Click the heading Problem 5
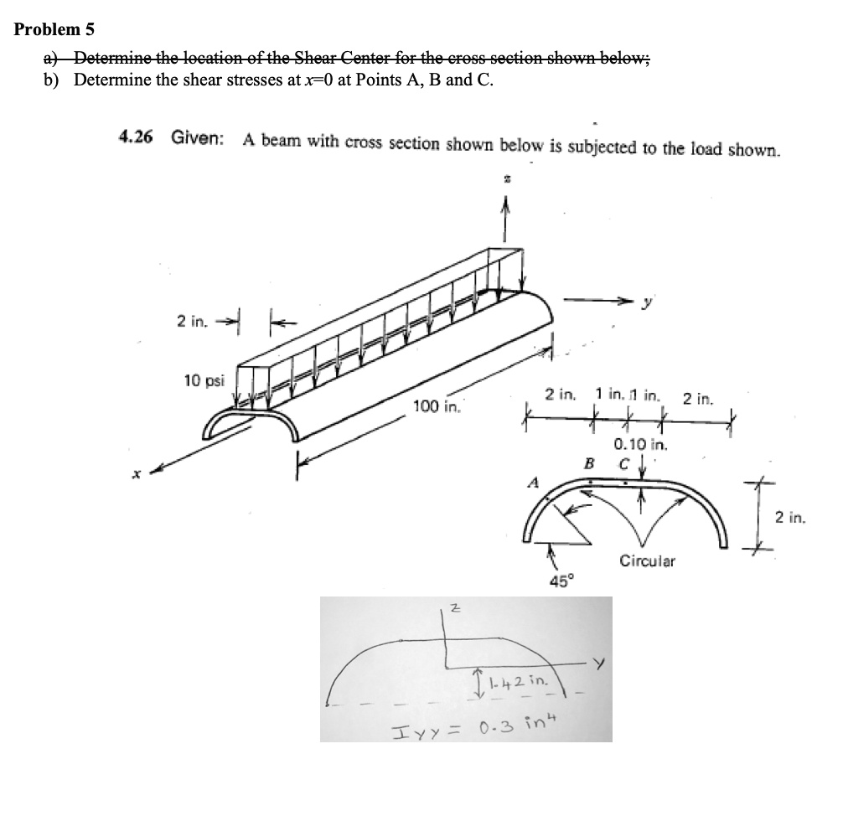point(54,29)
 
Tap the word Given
point(198,137)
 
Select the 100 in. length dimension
point(436,407)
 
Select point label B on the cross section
point(589,462)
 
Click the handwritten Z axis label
point(454,610)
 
